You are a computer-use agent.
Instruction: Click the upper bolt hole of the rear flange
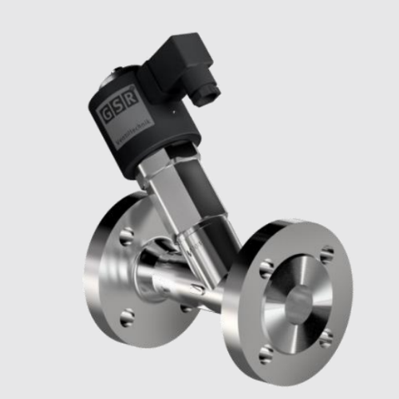point(126,236)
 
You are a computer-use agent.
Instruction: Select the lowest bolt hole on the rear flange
point(127,318)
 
